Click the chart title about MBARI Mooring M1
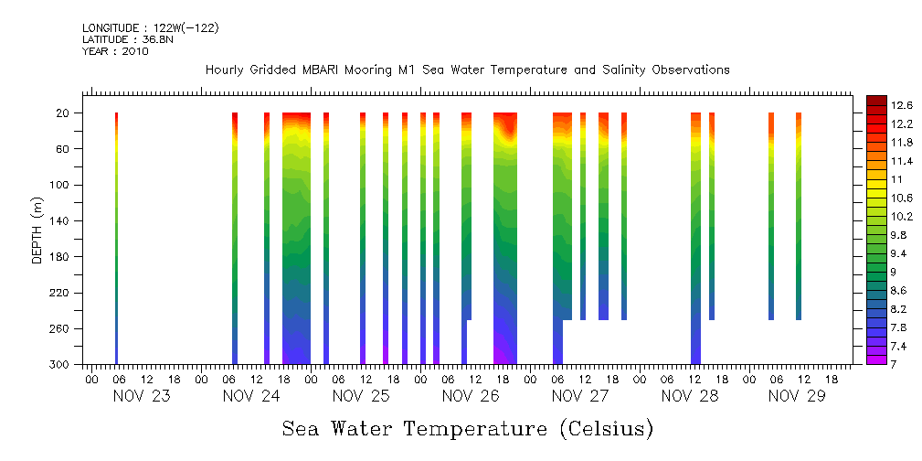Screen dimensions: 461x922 click(467, 70)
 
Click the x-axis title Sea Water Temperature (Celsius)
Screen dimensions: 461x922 click(467, 428)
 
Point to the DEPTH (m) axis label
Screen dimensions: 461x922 click(37, 230)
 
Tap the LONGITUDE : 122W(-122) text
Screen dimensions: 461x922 click(150, 28)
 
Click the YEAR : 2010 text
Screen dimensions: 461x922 click(114, 51)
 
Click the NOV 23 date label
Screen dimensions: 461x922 click(142, 396)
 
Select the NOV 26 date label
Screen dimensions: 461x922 click(471, 396)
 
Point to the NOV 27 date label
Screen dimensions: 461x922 click(580, 396)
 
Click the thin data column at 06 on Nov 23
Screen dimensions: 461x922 click(117, 238)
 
